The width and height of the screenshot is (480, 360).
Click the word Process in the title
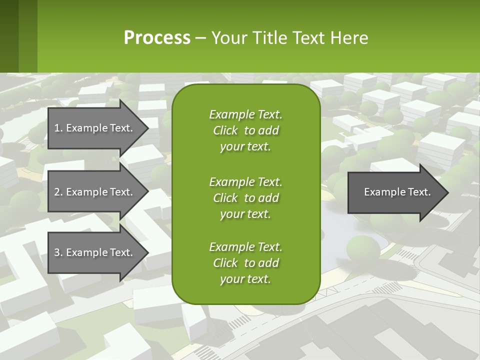pos(157,37)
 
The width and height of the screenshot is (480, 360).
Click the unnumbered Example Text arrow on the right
pos(397,192)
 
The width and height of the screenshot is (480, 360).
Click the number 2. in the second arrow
pos(58,192)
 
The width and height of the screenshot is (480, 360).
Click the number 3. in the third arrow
pos(58,252)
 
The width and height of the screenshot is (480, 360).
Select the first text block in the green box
pos(245,130)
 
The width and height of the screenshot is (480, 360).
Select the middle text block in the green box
pos(245,197)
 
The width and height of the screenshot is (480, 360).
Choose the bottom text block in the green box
pos(245,263)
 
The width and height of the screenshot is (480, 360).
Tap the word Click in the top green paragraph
pos(225,130)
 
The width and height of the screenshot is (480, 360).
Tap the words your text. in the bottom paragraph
pos(245,279)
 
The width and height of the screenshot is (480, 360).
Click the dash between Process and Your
pos(201,38)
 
